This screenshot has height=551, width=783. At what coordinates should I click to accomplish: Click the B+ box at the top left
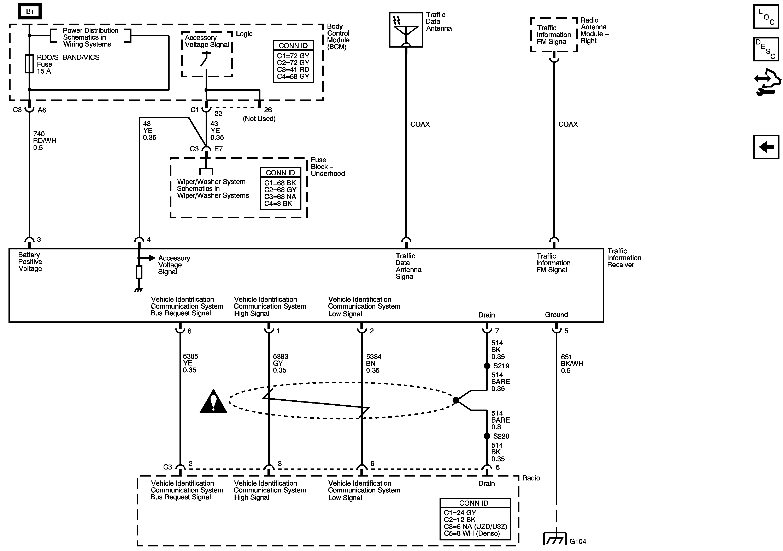30,12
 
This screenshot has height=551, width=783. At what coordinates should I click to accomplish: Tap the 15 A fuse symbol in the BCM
29,64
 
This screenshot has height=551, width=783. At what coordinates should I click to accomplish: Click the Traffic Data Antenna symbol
406,30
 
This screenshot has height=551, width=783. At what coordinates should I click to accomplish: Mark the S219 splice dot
487,366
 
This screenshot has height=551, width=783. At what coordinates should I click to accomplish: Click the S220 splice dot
487,436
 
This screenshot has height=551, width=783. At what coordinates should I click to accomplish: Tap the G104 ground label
578,541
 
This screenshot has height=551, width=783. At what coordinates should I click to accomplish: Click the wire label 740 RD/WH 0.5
44,141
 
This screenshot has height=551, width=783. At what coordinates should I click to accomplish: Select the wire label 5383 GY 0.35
280,363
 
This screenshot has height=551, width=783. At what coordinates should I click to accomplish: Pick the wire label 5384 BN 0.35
373,363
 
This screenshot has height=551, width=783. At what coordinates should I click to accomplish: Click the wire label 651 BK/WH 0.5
572,364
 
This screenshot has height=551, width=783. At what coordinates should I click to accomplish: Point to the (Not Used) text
259,119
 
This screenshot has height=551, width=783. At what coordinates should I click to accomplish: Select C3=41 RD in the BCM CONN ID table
293,69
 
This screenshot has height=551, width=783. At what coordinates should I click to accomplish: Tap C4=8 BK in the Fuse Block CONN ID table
278,204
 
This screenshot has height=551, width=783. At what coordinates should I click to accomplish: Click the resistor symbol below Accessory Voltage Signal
139,272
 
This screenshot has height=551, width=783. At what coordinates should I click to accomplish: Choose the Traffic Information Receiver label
624,258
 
